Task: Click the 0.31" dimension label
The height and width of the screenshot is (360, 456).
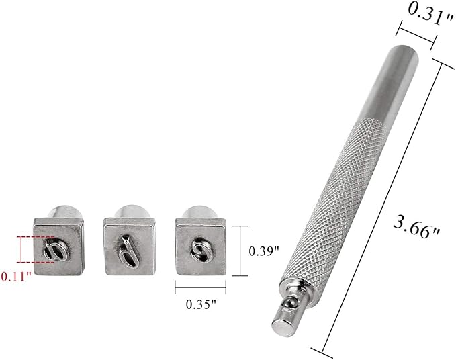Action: pos(430,13)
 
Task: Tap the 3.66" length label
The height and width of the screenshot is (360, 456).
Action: pos(416,228)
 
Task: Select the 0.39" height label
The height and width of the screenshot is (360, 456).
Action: pos(264,251)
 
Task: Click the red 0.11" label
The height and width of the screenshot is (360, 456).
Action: pos(16,277)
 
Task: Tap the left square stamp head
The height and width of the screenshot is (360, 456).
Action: pos(58,246)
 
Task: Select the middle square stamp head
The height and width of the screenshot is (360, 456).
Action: pos(130,246)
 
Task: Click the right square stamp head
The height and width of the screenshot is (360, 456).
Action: pos(201,246)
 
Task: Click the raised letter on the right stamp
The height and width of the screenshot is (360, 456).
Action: pos(201,249)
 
